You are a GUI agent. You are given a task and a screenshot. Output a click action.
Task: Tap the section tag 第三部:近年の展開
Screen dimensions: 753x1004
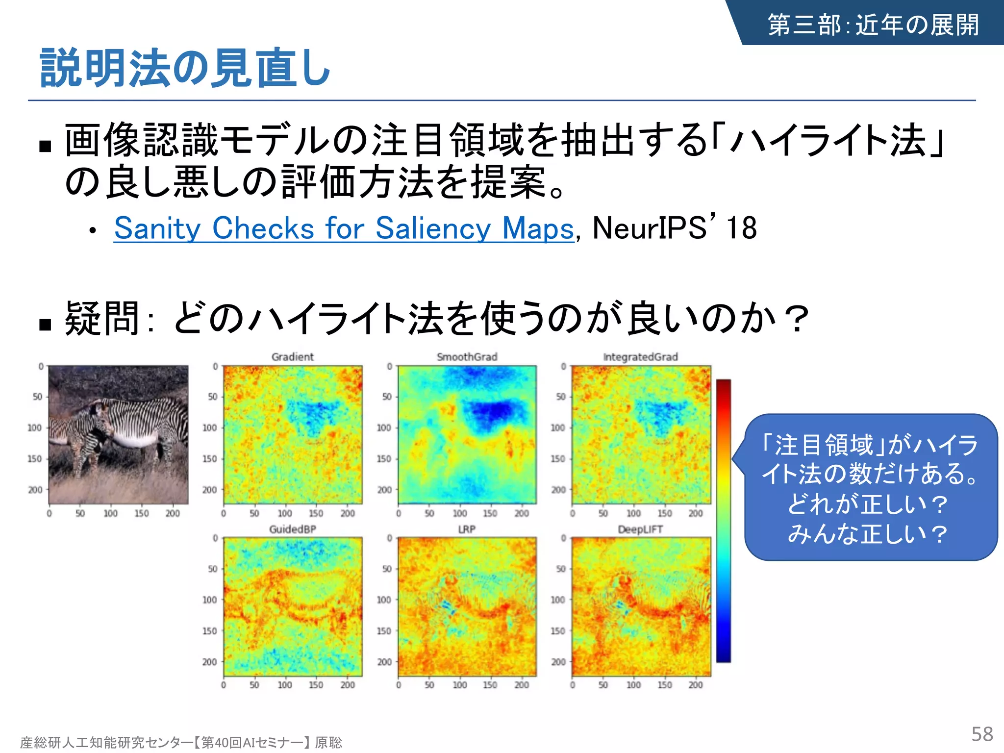[x=873, y=25]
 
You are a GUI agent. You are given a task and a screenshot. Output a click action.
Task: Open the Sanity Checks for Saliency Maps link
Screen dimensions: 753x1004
[x=343, y=228]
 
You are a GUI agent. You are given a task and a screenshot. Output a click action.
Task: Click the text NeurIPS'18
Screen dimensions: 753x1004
[x=674, y=228]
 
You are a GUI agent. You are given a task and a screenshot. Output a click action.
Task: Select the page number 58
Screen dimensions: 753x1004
[x=982, y=734]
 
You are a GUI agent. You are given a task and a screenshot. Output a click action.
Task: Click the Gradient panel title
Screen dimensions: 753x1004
[x=292, y=357]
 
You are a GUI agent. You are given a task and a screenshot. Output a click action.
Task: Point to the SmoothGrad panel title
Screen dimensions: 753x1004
[x=467, y=357]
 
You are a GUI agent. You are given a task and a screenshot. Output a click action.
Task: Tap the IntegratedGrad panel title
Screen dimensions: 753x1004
[x=640, y=357]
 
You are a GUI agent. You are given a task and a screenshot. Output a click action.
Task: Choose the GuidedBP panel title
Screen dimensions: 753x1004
[x=292, y=529]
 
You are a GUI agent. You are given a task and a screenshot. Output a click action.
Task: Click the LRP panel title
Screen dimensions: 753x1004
[x=467, y=529]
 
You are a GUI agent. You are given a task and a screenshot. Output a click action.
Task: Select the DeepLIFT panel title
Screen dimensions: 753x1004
[x=640, y=529]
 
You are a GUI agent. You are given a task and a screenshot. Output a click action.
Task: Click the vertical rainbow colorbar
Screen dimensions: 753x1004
[x=723, y=520]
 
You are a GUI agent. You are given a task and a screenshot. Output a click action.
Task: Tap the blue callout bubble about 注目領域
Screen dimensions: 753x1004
[x=870, y=488]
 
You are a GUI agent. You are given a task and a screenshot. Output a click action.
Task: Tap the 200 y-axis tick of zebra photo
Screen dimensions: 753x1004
[x=35, y=490]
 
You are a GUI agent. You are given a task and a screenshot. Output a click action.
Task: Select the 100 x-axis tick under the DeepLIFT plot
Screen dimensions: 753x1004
[x=633, y=685]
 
